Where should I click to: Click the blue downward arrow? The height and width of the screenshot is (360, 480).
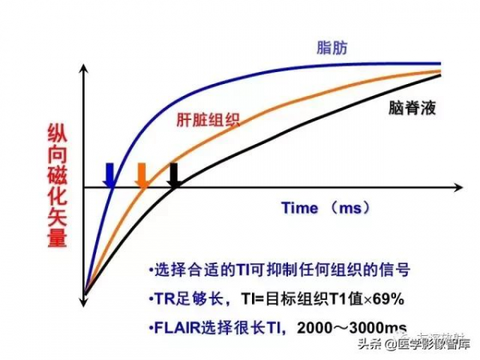[110, 174]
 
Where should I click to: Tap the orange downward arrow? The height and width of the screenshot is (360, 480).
[142, 175]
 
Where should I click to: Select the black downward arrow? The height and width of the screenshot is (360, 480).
[173, 175]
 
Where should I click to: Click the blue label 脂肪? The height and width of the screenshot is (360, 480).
[329, 49]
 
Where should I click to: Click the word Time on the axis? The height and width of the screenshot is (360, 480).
[300, 207]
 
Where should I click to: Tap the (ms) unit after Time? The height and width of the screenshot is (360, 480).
[350, 207]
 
